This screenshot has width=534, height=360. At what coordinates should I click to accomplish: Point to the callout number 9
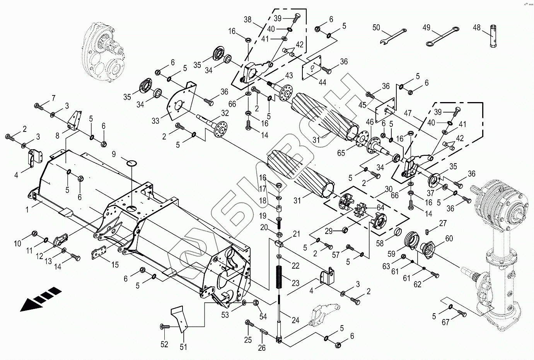[x=114, y=154]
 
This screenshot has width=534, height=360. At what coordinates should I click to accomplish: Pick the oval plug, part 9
[x=131, y=162]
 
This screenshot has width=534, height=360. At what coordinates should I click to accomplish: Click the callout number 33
[x=155, y=121]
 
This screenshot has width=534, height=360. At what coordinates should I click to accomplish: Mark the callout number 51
[x=183, y=347]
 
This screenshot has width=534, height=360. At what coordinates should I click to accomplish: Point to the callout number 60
[x=449, y=239]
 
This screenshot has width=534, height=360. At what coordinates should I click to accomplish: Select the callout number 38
[x=247, y=19]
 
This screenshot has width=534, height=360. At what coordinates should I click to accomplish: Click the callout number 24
[x=295, y=320]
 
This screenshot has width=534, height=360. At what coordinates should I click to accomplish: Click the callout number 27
[x=443, y=223]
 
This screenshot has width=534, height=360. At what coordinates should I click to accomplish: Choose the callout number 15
[x=115, y=264]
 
